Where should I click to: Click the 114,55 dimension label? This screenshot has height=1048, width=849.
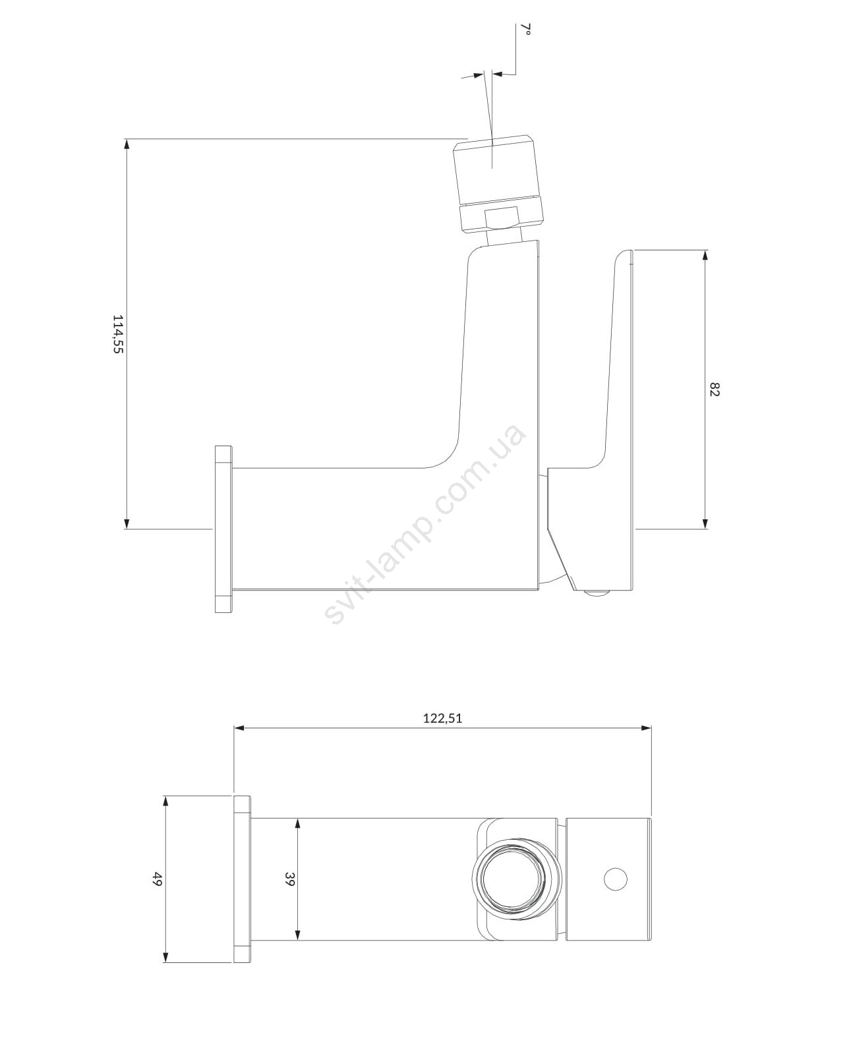point(118,334)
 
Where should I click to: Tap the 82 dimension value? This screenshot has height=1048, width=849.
point(715,389)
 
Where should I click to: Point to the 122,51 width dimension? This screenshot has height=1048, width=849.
point(443,718)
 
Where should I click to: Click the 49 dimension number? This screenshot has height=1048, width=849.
point(158,879)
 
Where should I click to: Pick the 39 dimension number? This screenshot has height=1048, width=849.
point(290,879)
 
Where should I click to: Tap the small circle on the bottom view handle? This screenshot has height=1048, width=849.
point(616,879)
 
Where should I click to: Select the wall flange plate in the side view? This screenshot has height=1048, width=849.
point(224,529)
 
